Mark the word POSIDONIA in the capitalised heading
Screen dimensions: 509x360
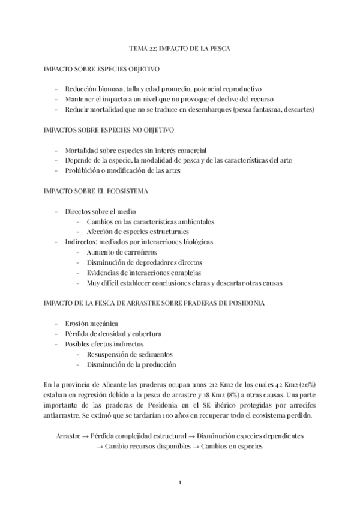[240, 304]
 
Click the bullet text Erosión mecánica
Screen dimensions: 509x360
[92, 324]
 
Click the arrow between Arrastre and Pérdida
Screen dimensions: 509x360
[86, 436]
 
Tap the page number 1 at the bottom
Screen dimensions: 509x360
[179, 483]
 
